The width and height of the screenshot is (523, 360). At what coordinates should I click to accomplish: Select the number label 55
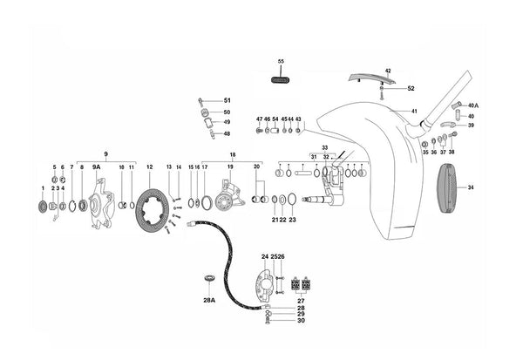(x=281, y=62)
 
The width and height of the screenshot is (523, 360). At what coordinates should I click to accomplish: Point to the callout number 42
(x=388, y=71)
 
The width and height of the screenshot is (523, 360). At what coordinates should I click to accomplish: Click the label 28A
(x=208, y=299)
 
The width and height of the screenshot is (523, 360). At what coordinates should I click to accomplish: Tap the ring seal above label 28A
(x=208, y=278)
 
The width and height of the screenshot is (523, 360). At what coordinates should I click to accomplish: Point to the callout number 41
(x=415, y=111)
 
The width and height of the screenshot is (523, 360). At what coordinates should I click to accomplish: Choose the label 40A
(x=473, y=105)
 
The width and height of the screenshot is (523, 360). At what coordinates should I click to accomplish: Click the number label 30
(x=301, y=321)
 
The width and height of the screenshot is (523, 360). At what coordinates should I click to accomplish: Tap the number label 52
(x=411, y=89)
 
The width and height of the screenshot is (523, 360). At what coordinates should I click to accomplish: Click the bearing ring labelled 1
(x=42, y=207)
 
